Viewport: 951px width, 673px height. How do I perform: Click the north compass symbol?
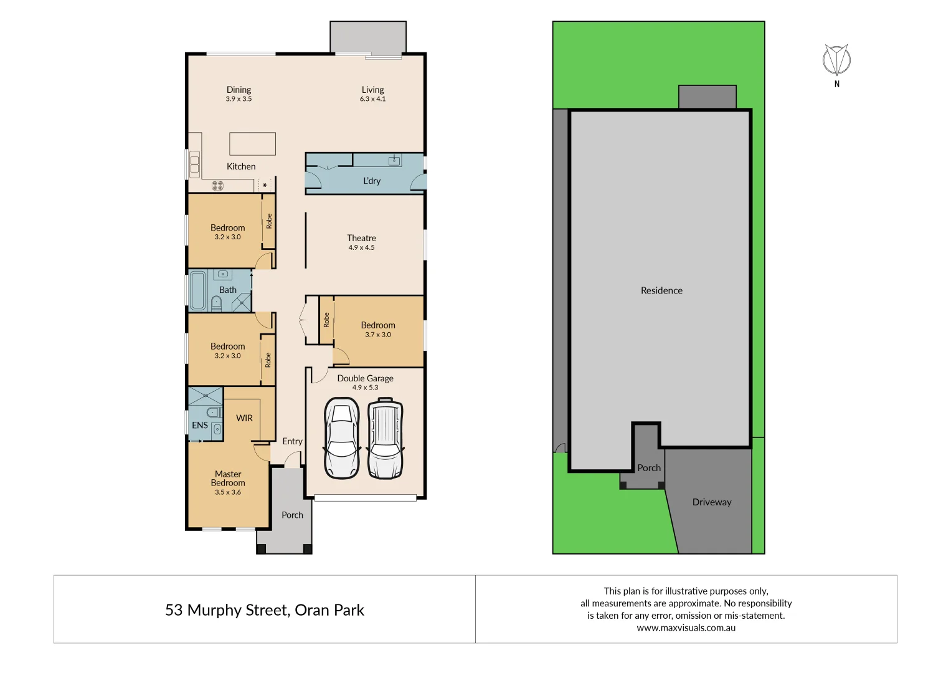[x=836, y=61]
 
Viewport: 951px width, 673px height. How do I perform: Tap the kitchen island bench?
[x=252, y=144]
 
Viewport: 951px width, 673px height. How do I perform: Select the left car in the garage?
[x=342, y=439]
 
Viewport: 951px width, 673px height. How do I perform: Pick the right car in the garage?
[x=386, y=439]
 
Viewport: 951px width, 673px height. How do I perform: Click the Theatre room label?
[x=361, y=238]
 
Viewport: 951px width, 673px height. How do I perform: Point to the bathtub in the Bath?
[x=198, y=290]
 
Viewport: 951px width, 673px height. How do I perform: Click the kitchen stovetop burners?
[x=217, y=185]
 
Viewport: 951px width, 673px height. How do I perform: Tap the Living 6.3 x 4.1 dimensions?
[x=372, y=99]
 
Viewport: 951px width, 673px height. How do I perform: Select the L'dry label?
[x=372, y=181]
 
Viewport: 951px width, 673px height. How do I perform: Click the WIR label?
[x=244, y=418]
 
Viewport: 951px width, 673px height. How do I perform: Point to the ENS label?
[x=200, y=425]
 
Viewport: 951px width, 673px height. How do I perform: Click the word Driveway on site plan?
[x=712, y=502]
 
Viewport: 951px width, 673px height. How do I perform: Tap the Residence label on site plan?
[x=661, y=290]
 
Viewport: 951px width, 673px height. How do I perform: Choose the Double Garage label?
[x=365, y=378]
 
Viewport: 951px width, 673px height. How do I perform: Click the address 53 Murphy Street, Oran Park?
[x=264, y=610]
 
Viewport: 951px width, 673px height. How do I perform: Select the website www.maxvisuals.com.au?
[x=686, y=628]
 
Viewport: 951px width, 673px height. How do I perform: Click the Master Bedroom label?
[x=228, y=479]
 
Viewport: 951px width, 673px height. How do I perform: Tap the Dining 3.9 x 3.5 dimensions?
[x=239, y=99]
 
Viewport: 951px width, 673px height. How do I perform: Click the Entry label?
[x=292, y=441]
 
